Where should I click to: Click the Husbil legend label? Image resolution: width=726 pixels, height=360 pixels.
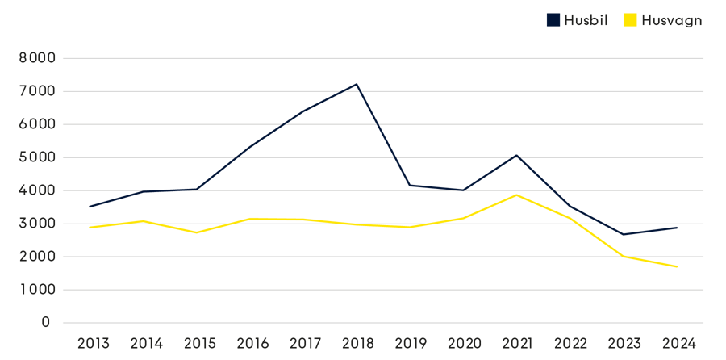(586, 20)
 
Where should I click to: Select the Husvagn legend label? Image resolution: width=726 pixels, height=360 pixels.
(671, 20)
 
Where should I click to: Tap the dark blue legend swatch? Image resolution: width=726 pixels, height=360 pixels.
(553, 20)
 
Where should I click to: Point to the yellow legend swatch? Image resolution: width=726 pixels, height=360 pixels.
(629, 20)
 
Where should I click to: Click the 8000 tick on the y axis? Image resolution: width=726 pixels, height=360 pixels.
(36, 58)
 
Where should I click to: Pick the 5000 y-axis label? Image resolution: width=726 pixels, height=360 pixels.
(36, 157)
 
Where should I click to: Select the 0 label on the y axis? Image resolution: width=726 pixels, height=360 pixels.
(45, 322)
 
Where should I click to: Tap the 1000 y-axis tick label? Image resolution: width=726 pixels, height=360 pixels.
(36, 289)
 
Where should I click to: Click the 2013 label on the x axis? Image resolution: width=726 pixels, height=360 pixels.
(93, 343)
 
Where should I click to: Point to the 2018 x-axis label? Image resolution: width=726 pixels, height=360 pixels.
(357, 343)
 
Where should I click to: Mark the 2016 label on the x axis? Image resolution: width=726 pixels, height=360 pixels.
(252, 343)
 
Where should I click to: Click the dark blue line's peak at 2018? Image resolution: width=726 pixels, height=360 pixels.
(357, 84)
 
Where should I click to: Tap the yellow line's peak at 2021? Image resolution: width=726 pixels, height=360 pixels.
(516, 195)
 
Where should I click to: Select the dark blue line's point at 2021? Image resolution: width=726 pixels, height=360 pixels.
(516, 155)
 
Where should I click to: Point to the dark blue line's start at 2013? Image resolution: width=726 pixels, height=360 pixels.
(89, 207)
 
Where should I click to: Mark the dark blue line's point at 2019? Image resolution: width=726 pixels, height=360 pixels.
(410, 186)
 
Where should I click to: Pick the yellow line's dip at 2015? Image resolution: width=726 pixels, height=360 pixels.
(197, 232)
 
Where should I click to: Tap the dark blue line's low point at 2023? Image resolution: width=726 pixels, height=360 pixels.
(623, 234)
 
